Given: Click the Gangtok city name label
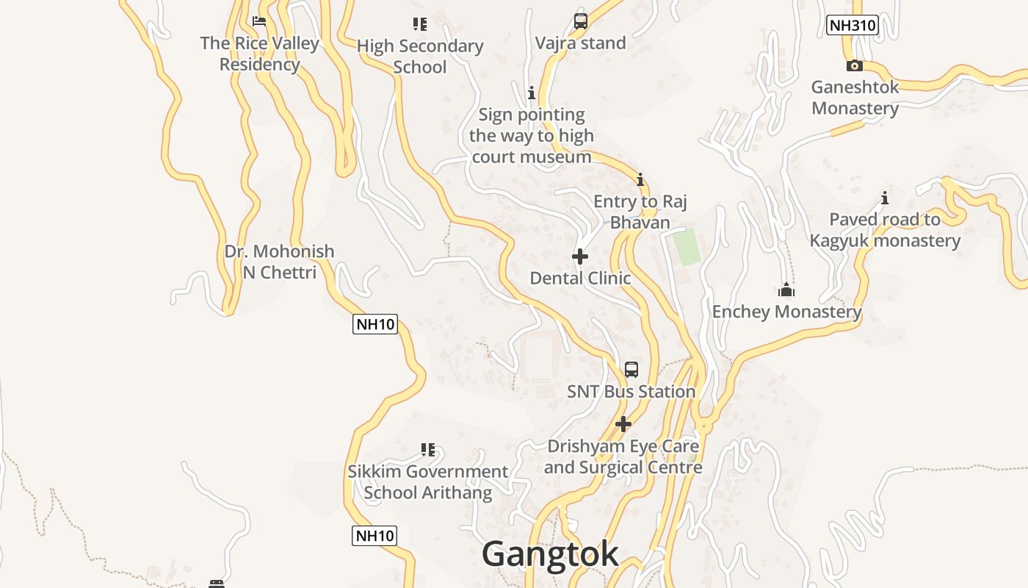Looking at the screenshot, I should pyautogui.click(x=550, y=554).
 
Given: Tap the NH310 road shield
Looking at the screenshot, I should pyautogui.click(x=852, y=25).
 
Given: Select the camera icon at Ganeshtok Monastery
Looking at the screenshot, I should pyautogui.click(x=854, y=65).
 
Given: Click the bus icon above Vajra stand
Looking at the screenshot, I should pyautogui.click(x=580, y=21).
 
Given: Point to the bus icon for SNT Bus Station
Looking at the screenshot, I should pyautogui.click(x=631, y=369).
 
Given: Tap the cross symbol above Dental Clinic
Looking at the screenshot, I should pyautogui.click(x=580, y=257).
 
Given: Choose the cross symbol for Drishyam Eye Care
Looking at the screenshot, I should pyautogui.click(x=623, y=424).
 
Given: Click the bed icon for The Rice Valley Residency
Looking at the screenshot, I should pyautogui.click(x=258, y=21).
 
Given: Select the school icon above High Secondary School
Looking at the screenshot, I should pyautogui.click(x=419, y=24).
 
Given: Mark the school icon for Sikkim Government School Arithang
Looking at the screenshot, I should pyautogui.click(x=428, y=449).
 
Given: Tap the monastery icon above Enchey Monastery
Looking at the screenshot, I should pyautogui.click(x=786, y=290).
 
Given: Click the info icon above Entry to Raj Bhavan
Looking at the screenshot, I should pyautogui.click(x=640, y=179).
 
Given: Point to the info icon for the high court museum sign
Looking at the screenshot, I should pyautogui.click(x=531, y=93).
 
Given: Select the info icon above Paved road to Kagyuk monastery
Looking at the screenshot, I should pyautogui.click(x=885, y=198).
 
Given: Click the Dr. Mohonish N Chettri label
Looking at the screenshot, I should pyautogui.click(x=279, y=262).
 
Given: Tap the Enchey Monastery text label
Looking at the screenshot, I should pyautogui.click(x=786, y=312).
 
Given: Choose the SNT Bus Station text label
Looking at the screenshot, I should pyautogui.click(x=631, y=392).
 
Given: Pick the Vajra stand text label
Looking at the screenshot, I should pyautogui.click(x=580, y=43).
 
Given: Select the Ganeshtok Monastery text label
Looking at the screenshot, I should pyautogui.click(x=855, y=98).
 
